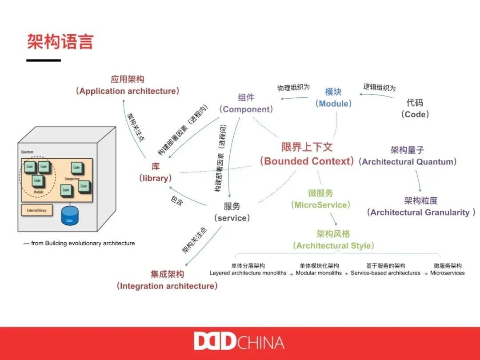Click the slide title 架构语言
pos(60,42)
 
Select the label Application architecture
pos(128,91)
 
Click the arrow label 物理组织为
pos(293,88)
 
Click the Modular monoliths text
pos(319,273)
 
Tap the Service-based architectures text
pos(385,273)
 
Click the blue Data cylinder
pos(69,215)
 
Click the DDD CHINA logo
pos(239,342)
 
